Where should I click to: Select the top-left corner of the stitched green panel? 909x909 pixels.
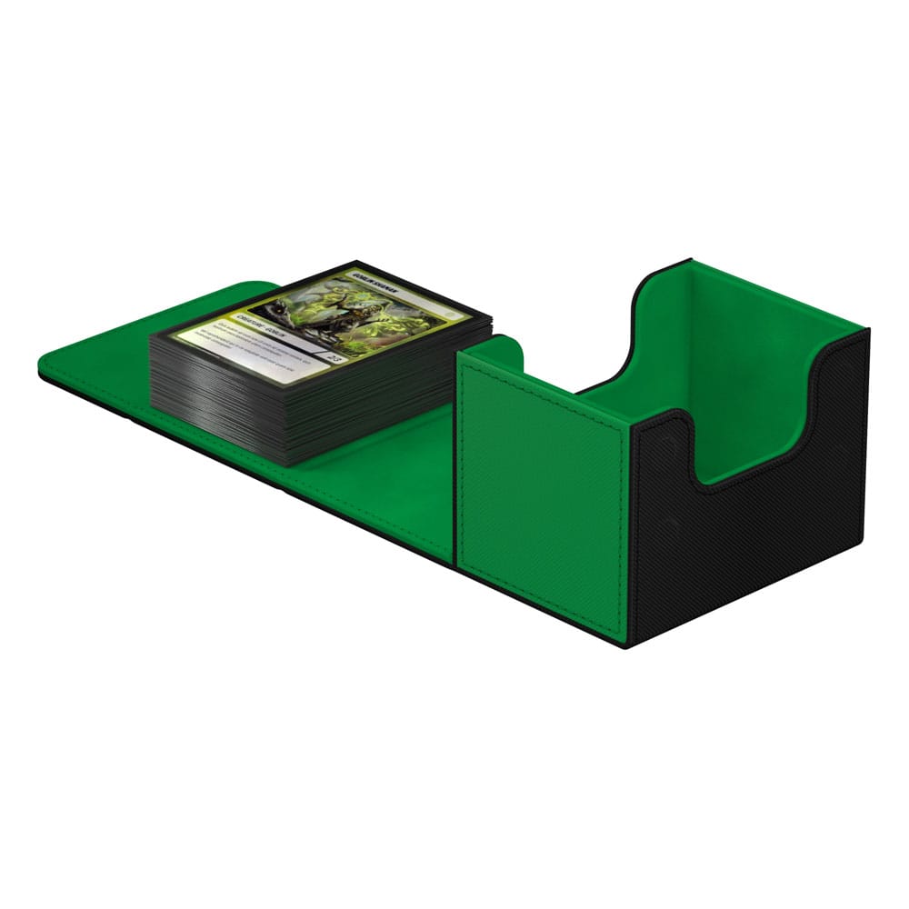[462, 356]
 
